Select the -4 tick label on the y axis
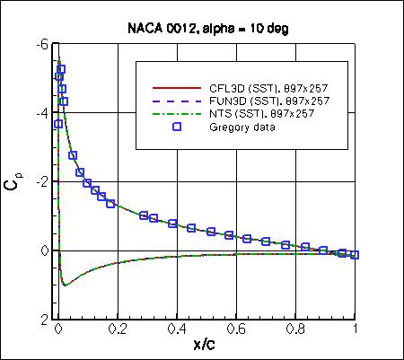43,113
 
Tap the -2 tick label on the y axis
43,181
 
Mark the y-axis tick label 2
46,319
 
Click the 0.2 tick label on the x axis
118,330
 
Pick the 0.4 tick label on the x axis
177,330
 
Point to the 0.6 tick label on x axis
237,330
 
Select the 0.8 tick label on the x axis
296,330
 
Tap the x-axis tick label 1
356,330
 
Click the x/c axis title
206,347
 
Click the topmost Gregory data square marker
60,69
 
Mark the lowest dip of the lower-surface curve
65,285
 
